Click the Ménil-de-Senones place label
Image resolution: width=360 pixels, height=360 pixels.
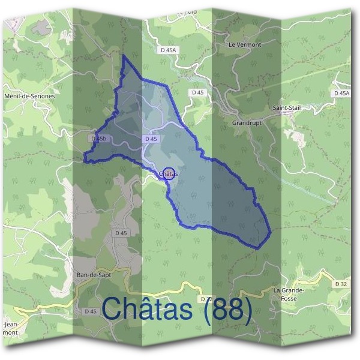click(29, 96)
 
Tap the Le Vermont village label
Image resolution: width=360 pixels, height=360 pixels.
click(245, 44)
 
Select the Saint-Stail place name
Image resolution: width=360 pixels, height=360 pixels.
click(286, 108)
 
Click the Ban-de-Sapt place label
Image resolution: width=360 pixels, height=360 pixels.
click(94, 274)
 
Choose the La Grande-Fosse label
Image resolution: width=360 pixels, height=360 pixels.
click(289, 293)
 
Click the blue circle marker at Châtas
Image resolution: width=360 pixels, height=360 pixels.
click(169, 174)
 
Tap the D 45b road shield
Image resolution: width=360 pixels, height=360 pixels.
click(99, 139)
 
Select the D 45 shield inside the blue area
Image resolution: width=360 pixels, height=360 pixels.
click(151, 139)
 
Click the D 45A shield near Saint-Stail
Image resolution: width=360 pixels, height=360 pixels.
click(341, 93)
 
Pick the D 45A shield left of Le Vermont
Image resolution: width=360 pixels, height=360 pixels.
click(170, 50)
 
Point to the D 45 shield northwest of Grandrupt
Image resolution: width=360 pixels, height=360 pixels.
click(198, 92)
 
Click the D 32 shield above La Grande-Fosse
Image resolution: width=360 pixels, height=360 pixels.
click(341, 283)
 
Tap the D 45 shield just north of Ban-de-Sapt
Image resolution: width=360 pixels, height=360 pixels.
click(121, 233)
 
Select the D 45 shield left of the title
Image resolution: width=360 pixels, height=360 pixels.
click(90, 311)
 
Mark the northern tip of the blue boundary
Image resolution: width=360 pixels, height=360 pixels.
click(124, 56)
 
